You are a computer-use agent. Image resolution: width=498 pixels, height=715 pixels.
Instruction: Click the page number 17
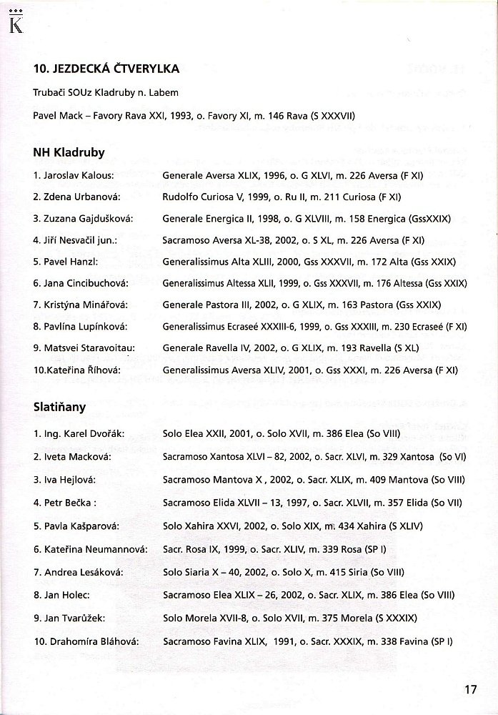click(x=469, y=691)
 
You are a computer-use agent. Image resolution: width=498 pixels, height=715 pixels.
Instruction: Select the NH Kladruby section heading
click(x=69, y=152)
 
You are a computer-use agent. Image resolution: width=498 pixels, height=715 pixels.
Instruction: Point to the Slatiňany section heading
click(x=59, y=407)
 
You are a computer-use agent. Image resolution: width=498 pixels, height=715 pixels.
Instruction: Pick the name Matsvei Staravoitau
click(x=89, y=348)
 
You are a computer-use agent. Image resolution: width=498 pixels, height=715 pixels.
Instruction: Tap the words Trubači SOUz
click(x=63, y=92)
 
